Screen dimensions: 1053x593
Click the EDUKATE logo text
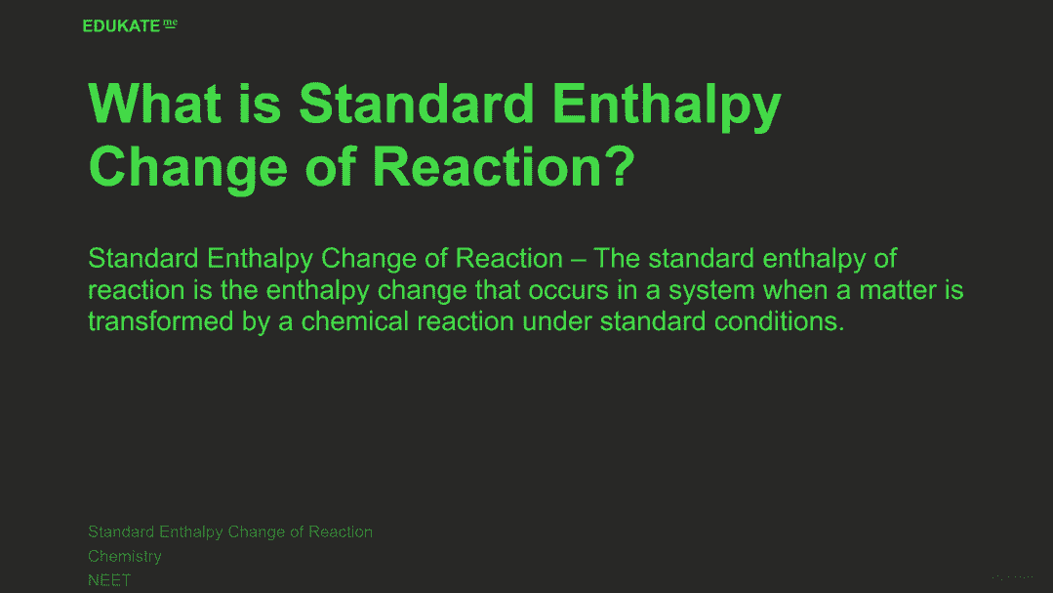tap(122, 25)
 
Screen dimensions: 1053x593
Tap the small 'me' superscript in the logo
tap(170, 23)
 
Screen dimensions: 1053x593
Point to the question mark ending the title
tap(623, 167)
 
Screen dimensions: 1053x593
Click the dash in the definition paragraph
tap(578, 259)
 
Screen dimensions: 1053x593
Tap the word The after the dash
tap(617, 258)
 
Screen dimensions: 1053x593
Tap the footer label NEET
tap(109, 579)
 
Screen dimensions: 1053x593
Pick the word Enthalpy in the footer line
tap(190, 532)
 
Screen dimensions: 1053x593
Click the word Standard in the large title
tap(416, 104)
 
